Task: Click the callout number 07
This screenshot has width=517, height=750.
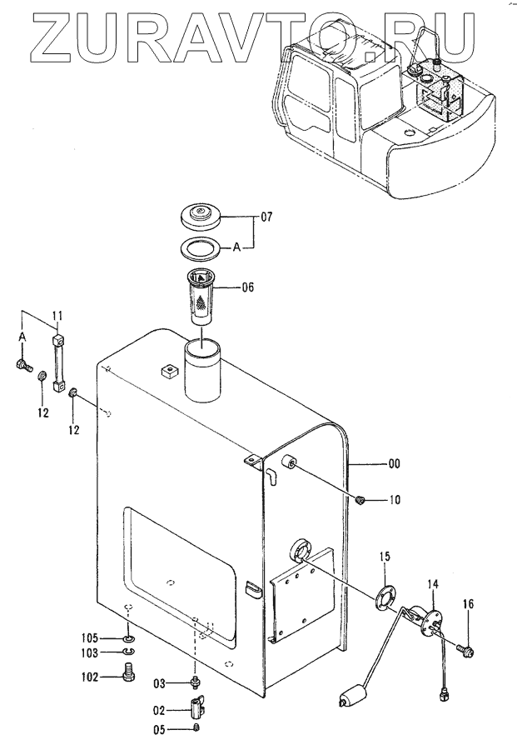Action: coord(266,217)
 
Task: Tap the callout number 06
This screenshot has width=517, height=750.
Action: coord(248,287)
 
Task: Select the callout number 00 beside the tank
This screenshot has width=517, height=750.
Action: coord(394,463)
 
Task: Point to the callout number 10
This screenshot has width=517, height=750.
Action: coord(395,500)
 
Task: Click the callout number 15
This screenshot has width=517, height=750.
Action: coord(385,557)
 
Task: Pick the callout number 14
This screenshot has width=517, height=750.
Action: coord(433,584)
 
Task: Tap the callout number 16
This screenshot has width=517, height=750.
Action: coord(468,604)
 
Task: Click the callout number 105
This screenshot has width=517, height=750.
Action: coord(90,638)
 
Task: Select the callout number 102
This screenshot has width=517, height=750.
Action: coord(90,677)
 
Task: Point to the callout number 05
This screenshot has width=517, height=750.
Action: coord(159,730)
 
